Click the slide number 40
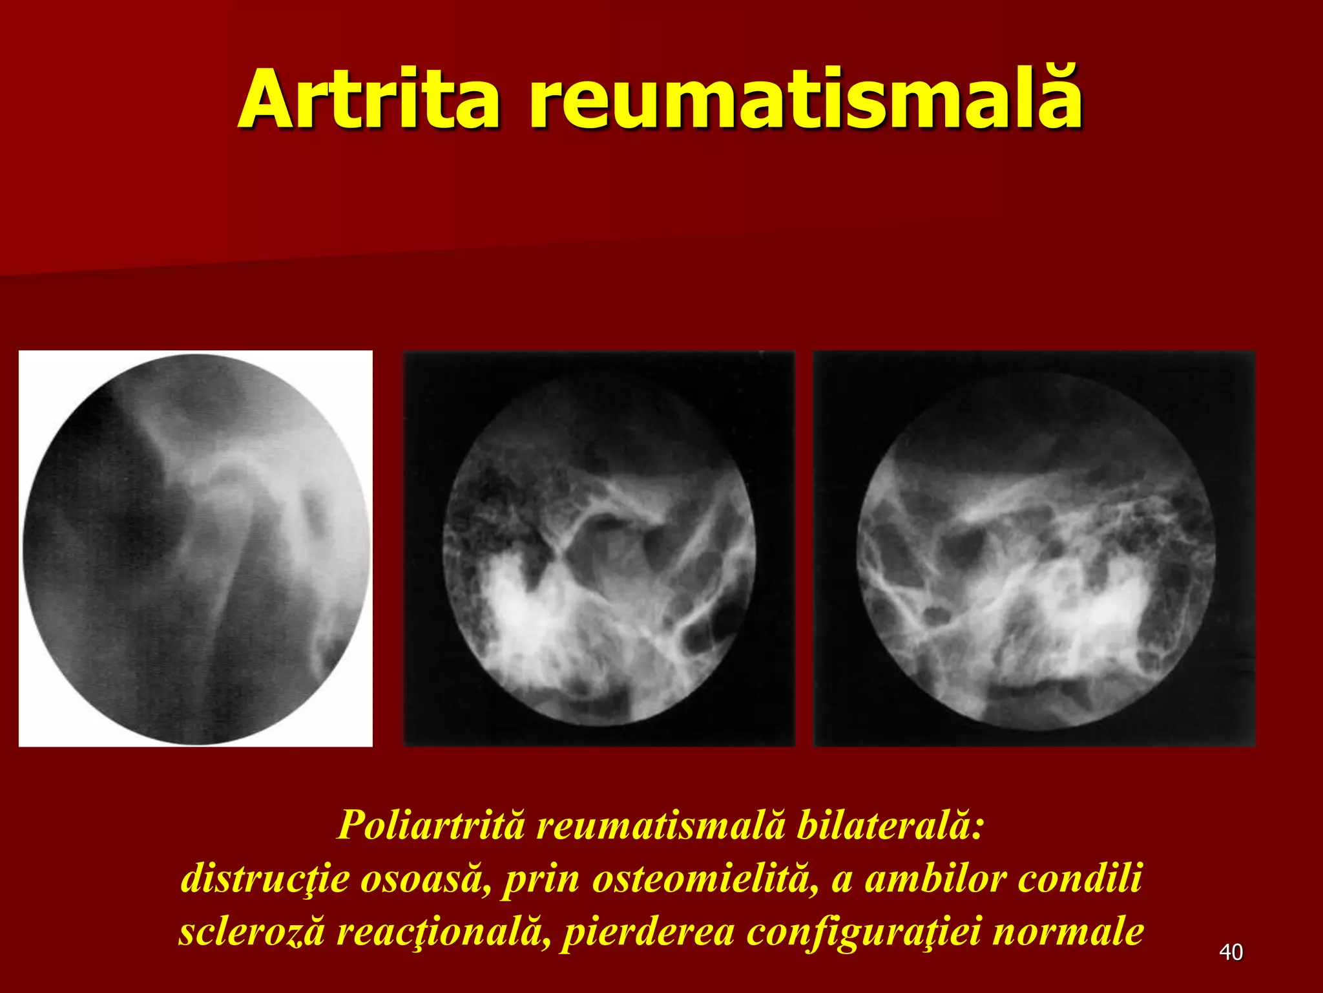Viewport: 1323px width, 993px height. coord(1231,952)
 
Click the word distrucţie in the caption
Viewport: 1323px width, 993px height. coord(265,879)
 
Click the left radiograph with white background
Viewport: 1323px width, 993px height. coord(196,548)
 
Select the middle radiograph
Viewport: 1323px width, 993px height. coord(599,548)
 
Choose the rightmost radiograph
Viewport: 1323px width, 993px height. coord(1034,548)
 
